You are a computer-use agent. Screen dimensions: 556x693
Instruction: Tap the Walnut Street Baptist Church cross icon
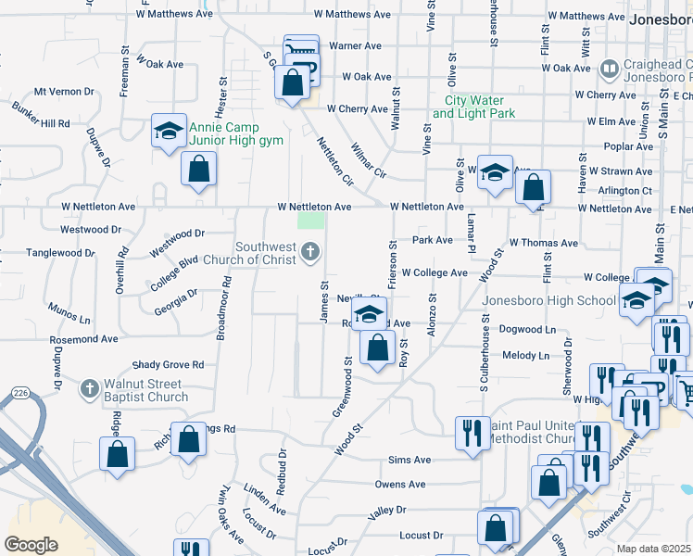[89, 389]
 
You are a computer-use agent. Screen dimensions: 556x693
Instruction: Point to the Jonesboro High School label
[549, 300]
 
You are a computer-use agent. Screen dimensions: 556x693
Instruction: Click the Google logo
[31, 544]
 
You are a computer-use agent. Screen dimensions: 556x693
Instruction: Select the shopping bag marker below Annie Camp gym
[198, 170]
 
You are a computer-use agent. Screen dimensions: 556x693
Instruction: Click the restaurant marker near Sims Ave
[472, 433]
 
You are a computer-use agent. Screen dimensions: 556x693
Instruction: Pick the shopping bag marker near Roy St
[377, 349]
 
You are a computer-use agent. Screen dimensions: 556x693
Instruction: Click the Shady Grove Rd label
[168, 365]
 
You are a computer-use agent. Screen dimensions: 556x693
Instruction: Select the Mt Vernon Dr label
[65, 92]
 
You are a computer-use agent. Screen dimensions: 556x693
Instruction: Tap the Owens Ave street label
[400, 484]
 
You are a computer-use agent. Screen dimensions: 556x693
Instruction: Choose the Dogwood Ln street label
[527, 329]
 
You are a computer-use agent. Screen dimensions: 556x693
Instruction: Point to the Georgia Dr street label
[176, 301]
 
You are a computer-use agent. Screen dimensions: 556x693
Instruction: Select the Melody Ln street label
[525, 355]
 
